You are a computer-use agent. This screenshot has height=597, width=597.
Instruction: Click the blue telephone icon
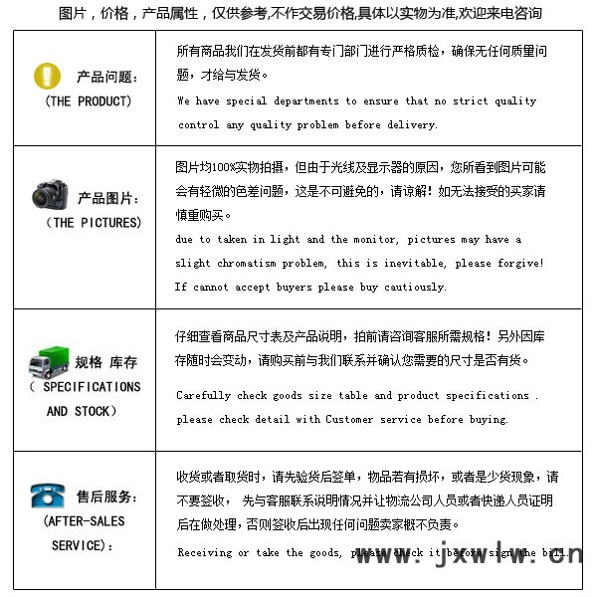[47, 495]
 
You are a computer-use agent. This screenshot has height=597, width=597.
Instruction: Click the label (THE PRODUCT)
[88, 101]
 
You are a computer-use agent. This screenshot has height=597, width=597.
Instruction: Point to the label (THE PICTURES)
[94, 223]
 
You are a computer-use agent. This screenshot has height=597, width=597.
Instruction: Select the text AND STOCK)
[82, 411]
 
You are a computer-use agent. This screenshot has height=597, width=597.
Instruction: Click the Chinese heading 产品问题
[107, 78]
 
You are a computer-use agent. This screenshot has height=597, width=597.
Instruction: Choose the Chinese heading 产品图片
[108, 199]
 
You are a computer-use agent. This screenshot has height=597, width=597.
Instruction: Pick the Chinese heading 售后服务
[107, 497]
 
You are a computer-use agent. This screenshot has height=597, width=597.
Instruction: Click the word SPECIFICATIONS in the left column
[92, 387]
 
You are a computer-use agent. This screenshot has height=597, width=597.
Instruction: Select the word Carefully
[204, 396]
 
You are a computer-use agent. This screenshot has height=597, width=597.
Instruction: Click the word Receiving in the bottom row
[206, 552]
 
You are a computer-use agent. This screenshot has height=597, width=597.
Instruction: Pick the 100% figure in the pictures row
[228, 167]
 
